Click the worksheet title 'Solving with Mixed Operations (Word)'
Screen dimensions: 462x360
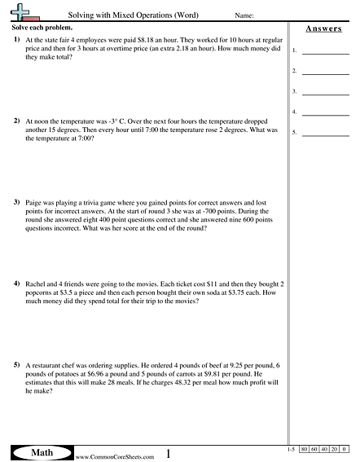[133, 15]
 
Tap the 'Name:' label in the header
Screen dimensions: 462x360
[244, 15]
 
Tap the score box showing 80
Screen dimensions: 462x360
[305, 449]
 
